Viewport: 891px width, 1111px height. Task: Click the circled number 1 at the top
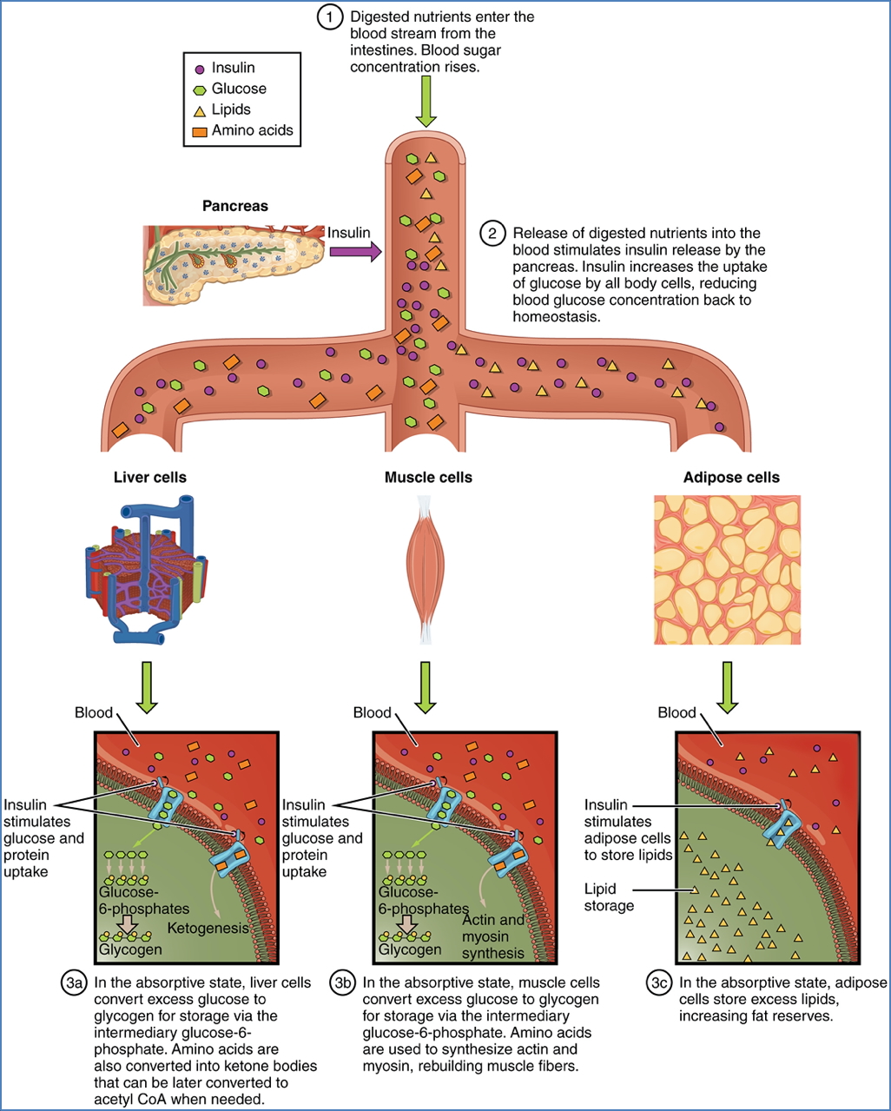330,17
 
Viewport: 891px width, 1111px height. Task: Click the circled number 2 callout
492,234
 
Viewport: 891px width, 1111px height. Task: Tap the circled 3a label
74,983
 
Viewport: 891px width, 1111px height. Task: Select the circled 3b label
343,983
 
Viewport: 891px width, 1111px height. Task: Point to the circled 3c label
659,983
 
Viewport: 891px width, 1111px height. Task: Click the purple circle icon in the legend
200,69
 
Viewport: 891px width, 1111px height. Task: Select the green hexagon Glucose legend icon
200,89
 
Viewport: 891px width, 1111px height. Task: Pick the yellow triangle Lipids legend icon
200,110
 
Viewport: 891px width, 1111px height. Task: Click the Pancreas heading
234,206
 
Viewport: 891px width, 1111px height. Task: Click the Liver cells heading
149,477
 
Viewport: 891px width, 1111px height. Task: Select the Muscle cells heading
428,477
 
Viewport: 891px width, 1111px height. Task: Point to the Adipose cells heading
730,477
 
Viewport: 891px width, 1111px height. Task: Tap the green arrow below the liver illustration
148,687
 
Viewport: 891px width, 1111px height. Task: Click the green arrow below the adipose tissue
727,687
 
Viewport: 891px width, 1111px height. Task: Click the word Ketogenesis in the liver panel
208,928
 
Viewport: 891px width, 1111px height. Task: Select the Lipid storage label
609,897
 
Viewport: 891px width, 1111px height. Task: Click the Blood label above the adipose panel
676,712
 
